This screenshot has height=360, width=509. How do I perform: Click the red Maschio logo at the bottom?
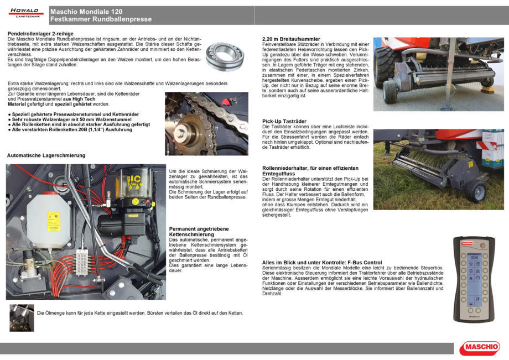479,348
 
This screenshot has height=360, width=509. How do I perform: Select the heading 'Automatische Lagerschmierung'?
46,156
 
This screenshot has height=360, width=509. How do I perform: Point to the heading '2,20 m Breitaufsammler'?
290,39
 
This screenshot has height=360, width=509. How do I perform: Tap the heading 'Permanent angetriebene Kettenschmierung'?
199,232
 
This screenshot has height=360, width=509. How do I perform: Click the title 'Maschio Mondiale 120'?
86,12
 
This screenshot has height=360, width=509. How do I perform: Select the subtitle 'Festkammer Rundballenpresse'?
101,19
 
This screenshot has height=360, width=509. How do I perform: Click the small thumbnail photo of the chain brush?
22,317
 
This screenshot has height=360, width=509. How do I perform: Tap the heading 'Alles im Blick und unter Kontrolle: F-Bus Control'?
321,262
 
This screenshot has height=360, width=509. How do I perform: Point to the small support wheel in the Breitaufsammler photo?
389,91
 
